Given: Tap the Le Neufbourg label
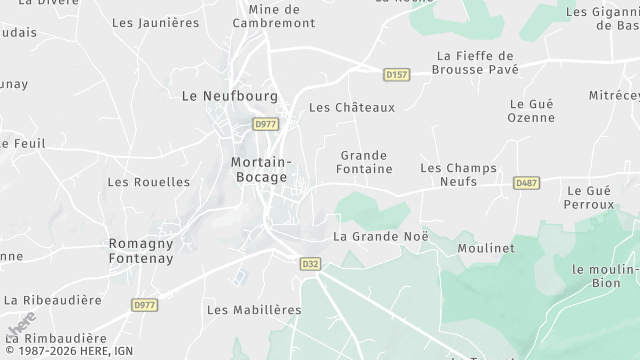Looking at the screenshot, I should point(220,96).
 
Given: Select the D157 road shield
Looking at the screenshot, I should point(397,74).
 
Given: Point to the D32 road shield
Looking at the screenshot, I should point(311,264).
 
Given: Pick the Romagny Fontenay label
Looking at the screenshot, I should point(141,250).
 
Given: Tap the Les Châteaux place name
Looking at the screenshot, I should point(352,107).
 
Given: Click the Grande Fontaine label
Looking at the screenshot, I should point(364,163).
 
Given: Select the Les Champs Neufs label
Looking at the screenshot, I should point(459,175).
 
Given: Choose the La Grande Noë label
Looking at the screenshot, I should point(380,237).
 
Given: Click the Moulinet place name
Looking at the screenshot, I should point(485,247).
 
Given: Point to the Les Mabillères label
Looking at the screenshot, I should point(254,310).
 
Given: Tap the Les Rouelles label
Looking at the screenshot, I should point(148,182).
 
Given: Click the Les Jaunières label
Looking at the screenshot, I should point(155,21).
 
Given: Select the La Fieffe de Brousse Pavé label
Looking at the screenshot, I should point(475,63).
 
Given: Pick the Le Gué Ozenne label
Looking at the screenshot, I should point(532,111).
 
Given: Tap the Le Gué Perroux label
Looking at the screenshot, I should point(590,197).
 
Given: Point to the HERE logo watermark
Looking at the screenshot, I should point(22,330).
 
